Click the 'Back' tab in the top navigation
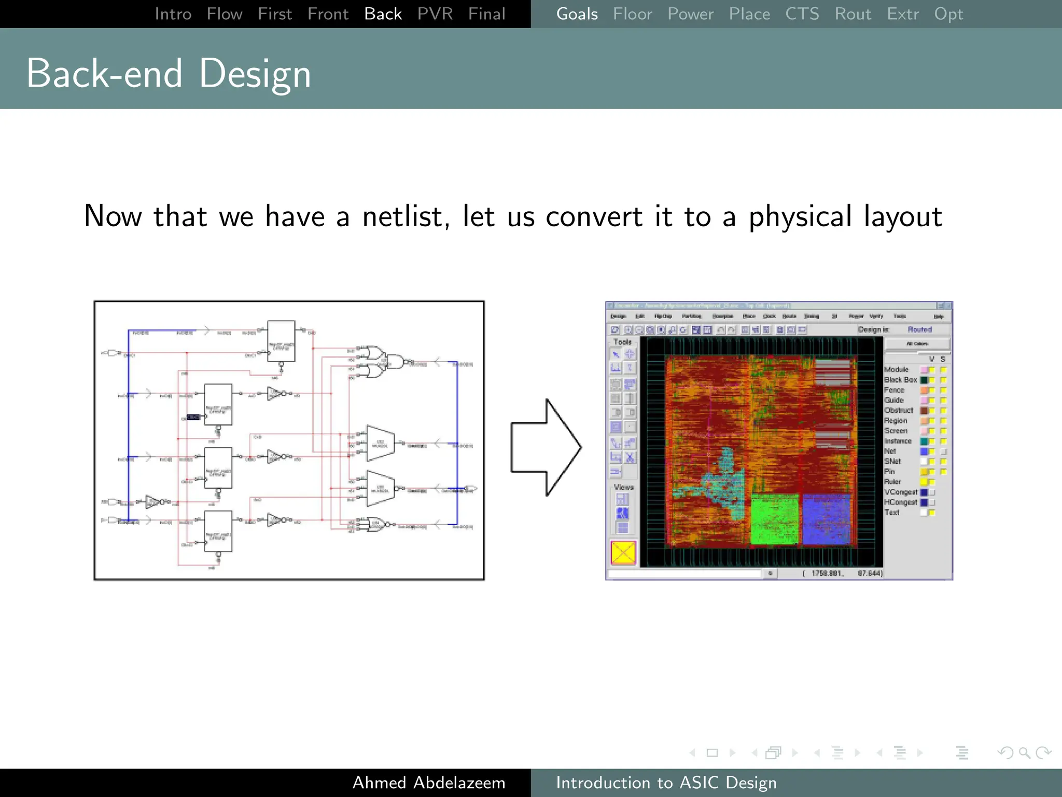[383, 14]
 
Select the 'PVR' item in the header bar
[435, 14]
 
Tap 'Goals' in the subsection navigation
[577, 14]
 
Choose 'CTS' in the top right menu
[802, 14]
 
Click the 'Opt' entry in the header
[948, 14]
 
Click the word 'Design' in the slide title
[255, 74]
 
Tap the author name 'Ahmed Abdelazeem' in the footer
[428, 782]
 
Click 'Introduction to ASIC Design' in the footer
[666, 782]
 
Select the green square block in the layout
[775, 519]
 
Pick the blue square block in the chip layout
[827, 519]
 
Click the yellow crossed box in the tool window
[623, 553]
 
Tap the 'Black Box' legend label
[900, 380]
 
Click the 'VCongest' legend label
[901, 492]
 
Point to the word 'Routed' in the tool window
[919, 329]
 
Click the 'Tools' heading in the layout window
[622, 342]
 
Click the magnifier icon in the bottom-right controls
[1024, 752]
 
